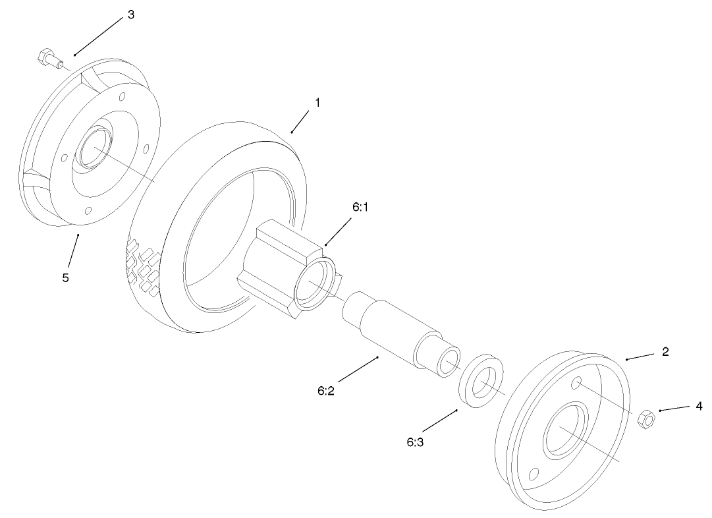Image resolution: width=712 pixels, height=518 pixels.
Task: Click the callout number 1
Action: point(317,103)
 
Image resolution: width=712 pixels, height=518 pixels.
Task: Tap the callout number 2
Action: point(665,352)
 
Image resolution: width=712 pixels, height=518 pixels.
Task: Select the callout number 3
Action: point(130,15)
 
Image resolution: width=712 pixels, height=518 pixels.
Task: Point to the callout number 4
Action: point(699,407)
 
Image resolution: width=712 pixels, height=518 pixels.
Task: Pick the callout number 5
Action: point(65,277)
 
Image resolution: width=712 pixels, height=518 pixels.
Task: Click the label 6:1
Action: point(361,207)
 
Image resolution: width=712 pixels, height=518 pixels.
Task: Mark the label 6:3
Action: point(415,442)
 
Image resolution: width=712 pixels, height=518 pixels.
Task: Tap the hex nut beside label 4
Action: point(646,418)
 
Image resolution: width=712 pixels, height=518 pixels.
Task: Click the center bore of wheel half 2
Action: point(563,431)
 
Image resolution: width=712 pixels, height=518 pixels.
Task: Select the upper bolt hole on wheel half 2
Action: point(576,382)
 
